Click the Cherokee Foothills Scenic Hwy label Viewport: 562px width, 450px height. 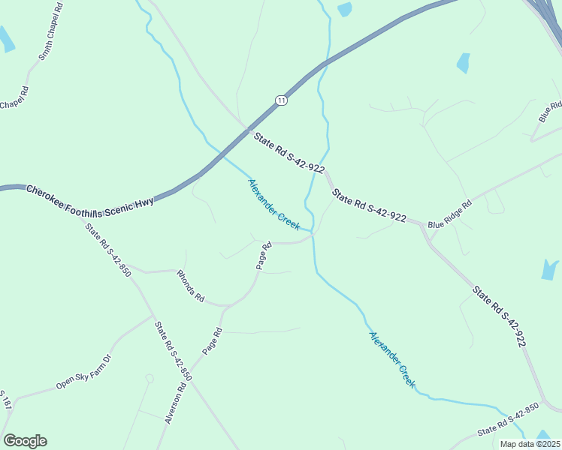coord(90,196)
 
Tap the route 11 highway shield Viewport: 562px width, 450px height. coord(281,100)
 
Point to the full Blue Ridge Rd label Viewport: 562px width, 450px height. coord(449,215)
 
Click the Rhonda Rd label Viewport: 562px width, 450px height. coord(191,286)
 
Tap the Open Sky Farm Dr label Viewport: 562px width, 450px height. coord(83,373)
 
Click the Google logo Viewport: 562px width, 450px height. coord(25,441)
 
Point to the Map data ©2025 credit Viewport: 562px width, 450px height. coord(529,444)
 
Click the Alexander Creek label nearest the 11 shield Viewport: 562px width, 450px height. coord(274,204)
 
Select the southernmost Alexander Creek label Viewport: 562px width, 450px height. coord(391,358)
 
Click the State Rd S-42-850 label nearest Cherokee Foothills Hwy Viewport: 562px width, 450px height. coord(108,250)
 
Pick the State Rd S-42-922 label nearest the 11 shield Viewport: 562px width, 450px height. coord(289,153)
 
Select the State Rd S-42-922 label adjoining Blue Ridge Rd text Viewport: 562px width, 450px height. coord(369,208)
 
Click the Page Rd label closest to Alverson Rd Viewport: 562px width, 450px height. coord(213,341)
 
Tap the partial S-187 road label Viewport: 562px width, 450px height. coord(6,400)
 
